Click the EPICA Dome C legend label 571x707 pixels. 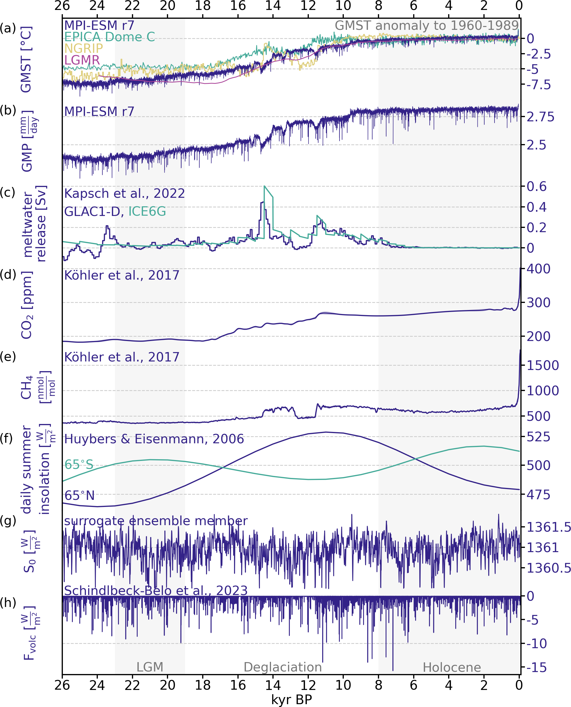tap(109, 37)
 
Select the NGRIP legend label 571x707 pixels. tap(84, 48)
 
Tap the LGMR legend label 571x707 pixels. tap(82, 60)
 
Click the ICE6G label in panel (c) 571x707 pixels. tap(147, 211)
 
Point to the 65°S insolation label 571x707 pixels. tap(79, 464)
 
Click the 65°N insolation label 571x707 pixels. tap(79, 495)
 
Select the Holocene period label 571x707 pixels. tap(452, 668)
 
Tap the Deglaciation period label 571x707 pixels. tap(283, 667)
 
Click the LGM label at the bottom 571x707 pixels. tap(150, 667)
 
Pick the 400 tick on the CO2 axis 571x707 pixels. tap(538, 269)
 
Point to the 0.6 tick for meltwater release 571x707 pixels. tap(537, 186)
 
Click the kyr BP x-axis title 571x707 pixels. tap(291, 700)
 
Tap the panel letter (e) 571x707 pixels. tap(8, 357)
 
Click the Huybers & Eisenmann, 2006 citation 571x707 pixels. tap(154, 439)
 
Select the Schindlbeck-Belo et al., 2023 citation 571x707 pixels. tap(156, 591)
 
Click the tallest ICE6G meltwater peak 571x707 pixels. tap(264, 186)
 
